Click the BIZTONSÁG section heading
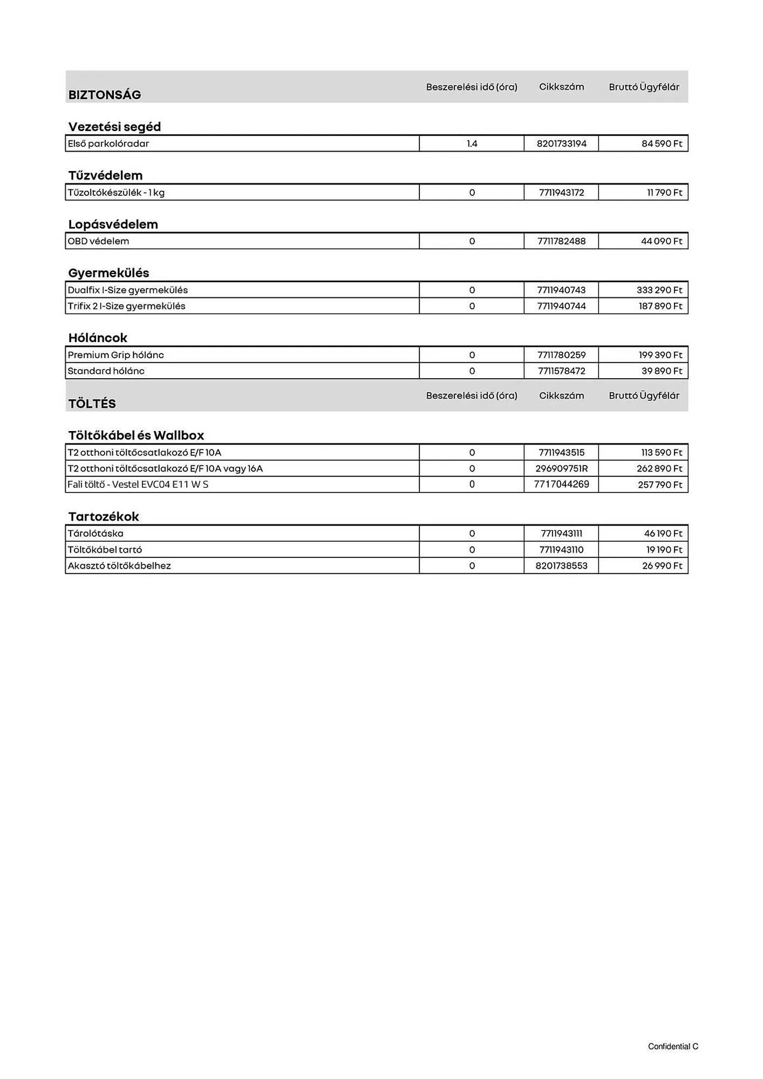pos(105,95)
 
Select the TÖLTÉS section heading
pos(92,404)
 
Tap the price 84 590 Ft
pos(662,144)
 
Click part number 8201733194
pos(561,144)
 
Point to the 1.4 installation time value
pos(472,144)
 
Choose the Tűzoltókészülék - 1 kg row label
pos(116,193)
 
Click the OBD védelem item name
pos(98,241)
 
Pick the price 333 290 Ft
pos(659,290)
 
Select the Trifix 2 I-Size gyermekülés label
pos(126,306)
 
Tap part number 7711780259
pos(561,355)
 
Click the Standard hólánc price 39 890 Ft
pos(662,371)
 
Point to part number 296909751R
pos(561,468)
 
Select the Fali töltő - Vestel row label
pos(138,484)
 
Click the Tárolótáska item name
pos(96,534)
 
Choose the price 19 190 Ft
pos(664,550)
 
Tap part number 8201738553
pos(561,566)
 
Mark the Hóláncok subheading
pos(98,338)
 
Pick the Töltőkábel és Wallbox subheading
pos(136,435)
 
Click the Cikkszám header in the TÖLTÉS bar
pos(561,395)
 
